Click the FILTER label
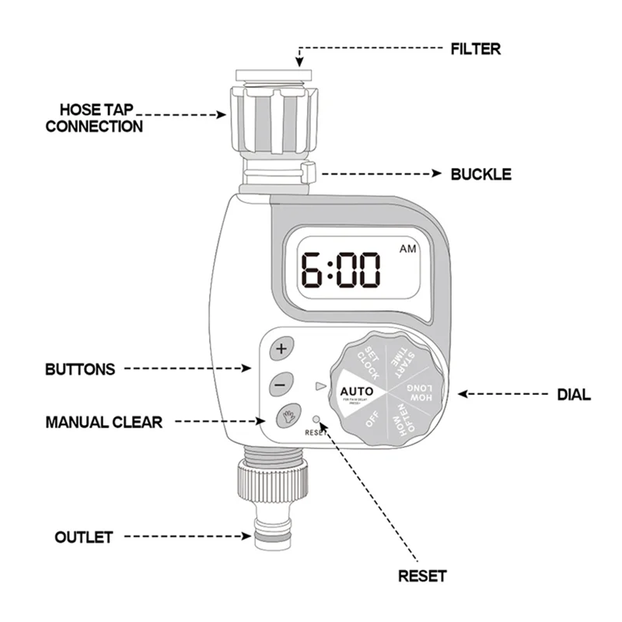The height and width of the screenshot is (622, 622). click(x=476, y=48)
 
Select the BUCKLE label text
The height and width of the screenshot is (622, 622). click(x=480, y=173)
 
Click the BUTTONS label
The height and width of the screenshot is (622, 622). click(x=80, y=369)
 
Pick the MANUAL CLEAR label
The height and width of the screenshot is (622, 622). click(x=103, y=422)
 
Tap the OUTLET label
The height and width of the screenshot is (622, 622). click(x=83, y=536)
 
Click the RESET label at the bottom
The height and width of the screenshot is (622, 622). click(x=422, y=576)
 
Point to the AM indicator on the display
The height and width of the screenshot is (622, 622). click(x=407, y=250)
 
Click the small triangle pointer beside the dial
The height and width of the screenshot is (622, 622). click(x=318, y=386)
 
